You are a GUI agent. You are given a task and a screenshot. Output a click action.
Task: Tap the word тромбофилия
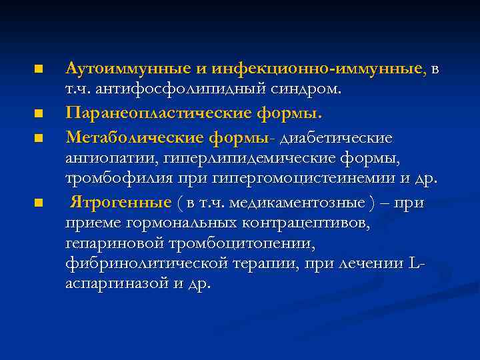[114, 179]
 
